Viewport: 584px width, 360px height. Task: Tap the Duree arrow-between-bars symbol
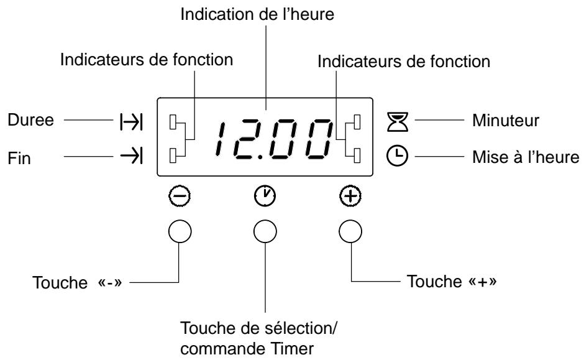[x=132, y=121]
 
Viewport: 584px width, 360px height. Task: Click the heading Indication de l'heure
[x=265, y=14]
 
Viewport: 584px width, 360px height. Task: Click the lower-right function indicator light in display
[x=357, y=154]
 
